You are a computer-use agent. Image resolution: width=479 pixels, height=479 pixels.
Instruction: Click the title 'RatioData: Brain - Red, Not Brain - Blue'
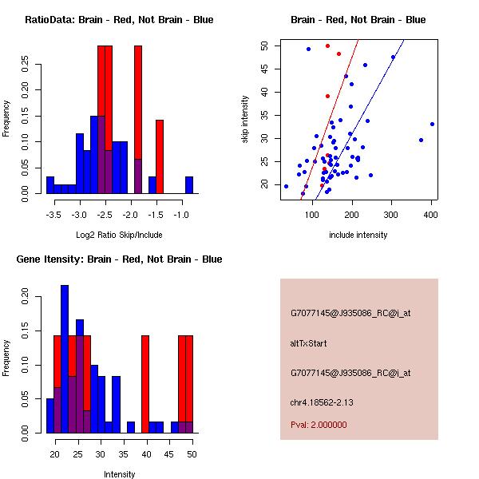[x=118, y=20]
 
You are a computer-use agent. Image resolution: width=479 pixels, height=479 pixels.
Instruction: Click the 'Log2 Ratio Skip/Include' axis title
[x=118, y=236]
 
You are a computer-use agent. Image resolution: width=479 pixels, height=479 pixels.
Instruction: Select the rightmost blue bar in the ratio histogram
[x=189, y=185]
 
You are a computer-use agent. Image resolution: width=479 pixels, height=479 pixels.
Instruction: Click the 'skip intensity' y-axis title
[x=245, y=120]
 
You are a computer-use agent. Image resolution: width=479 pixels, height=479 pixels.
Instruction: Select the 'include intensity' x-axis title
[x=358, y=236]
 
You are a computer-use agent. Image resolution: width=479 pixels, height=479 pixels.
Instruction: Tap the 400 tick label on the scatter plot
[x=431, y=216]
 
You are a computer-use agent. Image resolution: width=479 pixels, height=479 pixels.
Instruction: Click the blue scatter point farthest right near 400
[x=432, y=124]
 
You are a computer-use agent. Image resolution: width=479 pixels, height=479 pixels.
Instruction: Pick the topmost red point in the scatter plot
[x=327, y=46]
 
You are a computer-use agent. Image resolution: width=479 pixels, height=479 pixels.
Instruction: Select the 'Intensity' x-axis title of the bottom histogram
[x=120, y=475]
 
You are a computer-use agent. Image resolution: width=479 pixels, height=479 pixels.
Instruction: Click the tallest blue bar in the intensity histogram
[x=65, y=359]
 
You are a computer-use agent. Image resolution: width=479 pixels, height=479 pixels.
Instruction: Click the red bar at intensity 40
[x=145, y=383]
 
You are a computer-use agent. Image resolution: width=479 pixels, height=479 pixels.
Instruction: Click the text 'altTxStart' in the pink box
[x=308, y=343]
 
